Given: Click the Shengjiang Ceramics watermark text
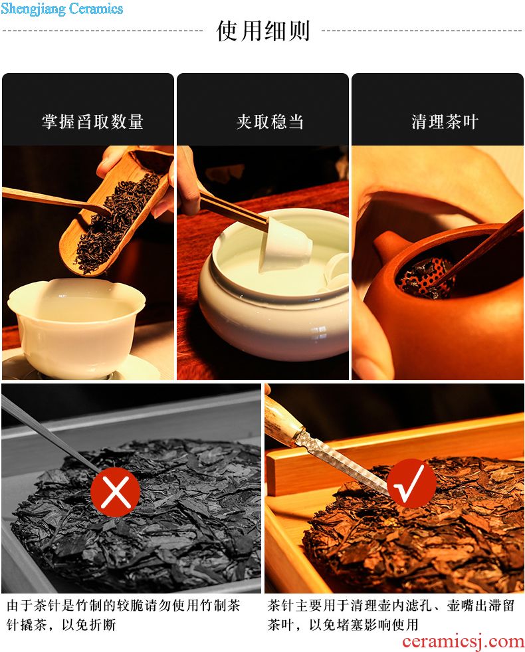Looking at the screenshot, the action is point(62,9).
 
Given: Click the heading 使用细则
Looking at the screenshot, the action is point(262,31).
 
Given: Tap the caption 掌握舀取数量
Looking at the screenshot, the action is point(92,122).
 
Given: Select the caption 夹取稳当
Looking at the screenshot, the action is point(270,122).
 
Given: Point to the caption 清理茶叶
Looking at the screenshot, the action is point(445,122).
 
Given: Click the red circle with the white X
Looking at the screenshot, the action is point(116,492).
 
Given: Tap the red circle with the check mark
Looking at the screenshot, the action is point(411,483).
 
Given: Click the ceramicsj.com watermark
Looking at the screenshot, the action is point(463,641).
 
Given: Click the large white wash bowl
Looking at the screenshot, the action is point(274,287).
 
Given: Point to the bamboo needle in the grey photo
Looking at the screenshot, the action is point(51,434).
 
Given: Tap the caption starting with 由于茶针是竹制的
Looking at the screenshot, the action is point(123,615).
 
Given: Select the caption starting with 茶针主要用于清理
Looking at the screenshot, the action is point(391,615).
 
